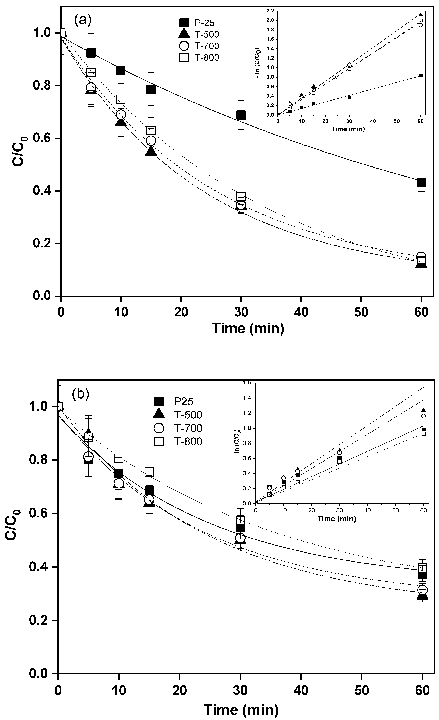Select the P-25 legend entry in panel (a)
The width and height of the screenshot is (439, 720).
199,22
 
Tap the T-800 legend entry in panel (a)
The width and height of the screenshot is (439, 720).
199,58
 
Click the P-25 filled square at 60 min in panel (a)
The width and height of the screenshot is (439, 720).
421,182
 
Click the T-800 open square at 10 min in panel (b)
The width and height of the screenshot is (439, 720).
119,458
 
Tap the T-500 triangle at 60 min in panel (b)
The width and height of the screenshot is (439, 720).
422,595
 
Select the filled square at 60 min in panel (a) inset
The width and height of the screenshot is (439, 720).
421,75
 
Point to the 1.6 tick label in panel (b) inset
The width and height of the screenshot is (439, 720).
247,383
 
